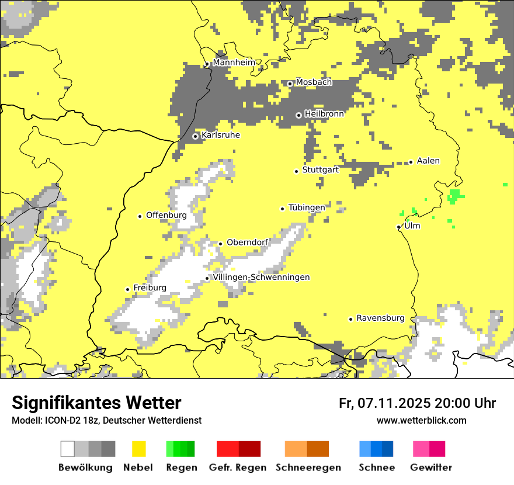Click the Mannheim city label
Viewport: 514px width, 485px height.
[234, 63]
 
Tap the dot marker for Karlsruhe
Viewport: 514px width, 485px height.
[196, 136]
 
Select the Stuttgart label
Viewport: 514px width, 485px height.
[321, 170]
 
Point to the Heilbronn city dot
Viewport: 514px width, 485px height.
[298, 115]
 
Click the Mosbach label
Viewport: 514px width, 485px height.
[314, 82]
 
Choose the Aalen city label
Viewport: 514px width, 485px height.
[428, 161]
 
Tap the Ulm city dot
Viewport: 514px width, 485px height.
[399, 227]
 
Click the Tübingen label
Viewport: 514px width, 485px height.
[307, 207]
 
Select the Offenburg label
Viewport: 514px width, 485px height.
[166, 215]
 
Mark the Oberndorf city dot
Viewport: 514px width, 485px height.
[220, 244]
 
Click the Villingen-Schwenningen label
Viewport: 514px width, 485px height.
[261, 277]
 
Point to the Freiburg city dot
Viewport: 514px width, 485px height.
[127, 289]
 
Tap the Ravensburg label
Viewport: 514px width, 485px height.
[380, 318]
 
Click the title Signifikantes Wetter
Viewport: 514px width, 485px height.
[96, 403]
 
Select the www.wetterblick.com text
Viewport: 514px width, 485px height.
[421, 420]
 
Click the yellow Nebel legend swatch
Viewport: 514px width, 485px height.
[138, 449]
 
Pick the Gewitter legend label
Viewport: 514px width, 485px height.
[430, 467]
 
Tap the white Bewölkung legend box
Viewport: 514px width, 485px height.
[68, 449]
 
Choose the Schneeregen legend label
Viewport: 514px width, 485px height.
[308, 467]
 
